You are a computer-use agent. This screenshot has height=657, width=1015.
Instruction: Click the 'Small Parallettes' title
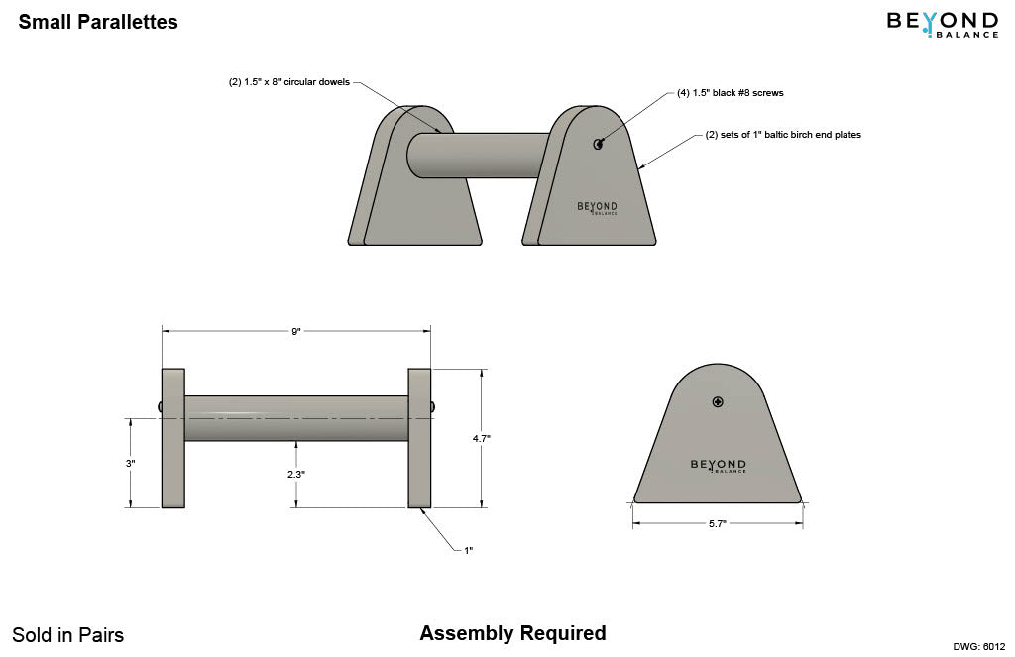click(98, 22)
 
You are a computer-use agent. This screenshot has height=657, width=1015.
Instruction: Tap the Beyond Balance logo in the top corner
click(942, 23)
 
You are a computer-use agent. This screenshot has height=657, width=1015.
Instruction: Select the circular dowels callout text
click(289, 82)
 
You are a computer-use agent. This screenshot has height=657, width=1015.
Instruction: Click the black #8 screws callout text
click(731, 92)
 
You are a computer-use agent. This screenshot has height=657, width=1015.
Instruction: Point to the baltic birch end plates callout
click(783, 135)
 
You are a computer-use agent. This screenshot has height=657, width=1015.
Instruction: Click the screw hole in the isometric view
click(599, 144)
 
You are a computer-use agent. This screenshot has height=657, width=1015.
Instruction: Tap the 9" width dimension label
click(296, 331)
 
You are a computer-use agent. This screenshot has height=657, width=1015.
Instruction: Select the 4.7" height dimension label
click(482, 437)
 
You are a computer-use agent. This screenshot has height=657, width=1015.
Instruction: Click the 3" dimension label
click(131, 463)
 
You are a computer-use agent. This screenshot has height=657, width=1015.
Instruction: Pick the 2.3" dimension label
click(295, 474)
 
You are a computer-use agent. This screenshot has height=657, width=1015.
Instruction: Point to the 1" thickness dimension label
click(468, 550)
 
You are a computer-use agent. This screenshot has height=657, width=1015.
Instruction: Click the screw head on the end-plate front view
click(718, 401)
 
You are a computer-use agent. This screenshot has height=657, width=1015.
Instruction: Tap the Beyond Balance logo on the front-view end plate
click(718, 465)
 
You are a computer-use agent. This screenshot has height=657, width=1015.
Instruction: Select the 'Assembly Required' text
click(512, 633)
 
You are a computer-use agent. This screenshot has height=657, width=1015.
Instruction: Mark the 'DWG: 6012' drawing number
click(979, 646)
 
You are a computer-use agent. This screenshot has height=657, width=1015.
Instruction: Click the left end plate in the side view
click(173, 438)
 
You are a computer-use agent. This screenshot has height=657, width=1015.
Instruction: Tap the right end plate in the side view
click(419, 438)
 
